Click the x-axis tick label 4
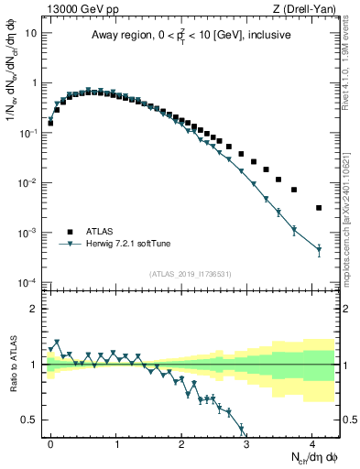[x=313, y=442]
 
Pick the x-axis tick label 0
[x=51, y=442]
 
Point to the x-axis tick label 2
[x=182, y=442]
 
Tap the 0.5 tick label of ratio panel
[x=31, y=420]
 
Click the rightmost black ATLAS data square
[x=319, y=208]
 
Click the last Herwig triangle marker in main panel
[x=319, y=248]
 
